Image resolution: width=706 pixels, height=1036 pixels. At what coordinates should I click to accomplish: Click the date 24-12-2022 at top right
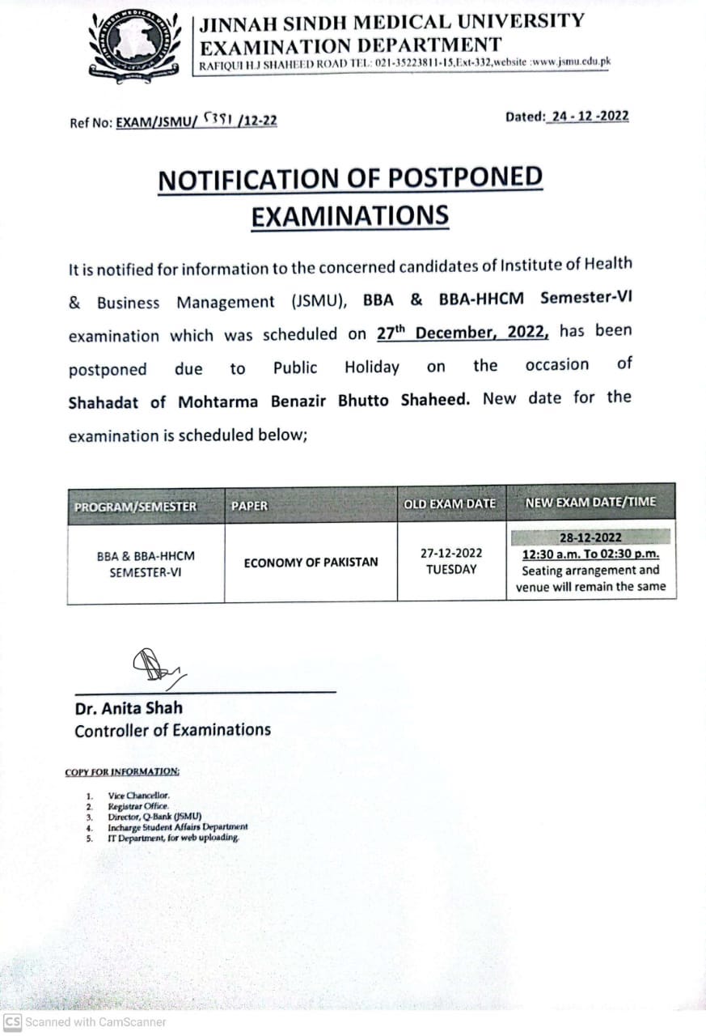tap(588, 117)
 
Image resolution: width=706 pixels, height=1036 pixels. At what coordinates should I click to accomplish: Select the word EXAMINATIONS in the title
tap(349, 216)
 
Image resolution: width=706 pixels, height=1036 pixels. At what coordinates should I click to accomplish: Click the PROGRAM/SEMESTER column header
tap(135, 507)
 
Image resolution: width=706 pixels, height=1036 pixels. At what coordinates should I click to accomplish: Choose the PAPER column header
tap(249, 507)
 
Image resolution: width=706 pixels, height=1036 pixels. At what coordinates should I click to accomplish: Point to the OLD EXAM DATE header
tap(450, 504)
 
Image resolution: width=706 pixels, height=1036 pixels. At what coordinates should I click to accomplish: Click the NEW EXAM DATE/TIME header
tap(590, 503)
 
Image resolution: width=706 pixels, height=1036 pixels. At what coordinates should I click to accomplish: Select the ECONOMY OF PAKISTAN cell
tap(311, 562)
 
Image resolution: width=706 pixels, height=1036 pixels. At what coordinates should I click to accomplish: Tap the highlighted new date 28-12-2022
tap(590, 537)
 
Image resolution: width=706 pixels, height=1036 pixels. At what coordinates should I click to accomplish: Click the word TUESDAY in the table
tap(450, 569)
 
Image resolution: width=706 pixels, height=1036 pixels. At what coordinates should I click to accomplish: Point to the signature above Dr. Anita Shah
tap(157, 667)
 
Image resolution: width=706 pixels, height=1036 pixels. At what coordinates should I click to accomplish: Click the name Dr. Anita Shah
tap(129, 708)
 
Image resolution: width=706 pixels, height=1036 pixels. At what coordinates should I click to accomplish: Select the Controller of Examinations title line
tap(172, 730)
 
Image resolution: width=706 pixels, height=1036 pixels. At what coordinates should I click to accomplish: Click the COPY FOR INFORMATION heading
tap(122, 772)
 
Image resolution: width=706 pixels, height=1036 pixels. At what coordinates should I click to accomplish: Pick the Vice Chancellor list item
tap(138, 796)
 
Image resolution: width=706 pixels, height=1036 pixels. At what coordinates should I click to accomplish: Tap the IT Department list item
tap(173, 839)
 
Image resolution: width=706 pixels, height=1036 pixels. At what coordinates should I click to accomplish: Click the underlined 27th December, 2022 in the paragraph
tap(463, 333)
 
